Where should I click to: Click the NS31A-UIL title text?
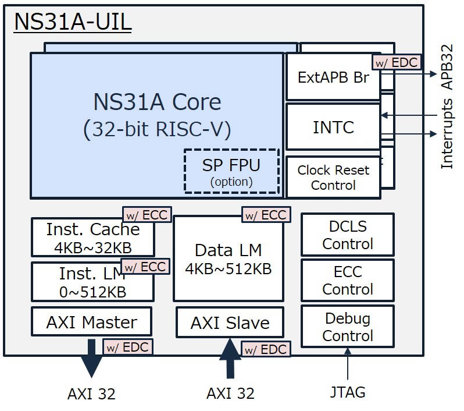click(73, 22)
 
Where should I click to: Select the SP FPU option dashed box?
click(231, 171)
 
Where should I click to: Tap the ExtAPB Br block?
click(333, 77)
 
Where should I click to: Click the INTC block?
click(333, 127)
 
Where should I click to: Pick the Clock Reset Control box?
click(333, 178)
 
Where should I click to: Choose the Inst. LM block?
click(92, 282)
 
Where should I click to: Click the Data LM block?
click(228, 258)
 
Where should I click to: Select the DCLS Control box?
click(347, 235)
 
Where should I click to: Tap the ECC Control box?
click(347, 280)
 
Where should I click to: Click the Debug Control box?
click(347, 327)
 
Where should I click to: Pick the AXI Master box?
click(91, 322)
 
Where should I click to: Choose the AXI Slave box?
click(230, 323)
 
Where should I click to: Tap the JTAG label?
click(347, 392)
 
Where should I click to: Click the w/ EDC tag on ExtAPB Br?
click(395, 62)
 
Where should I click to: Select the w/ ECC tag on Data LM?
click(265, 215)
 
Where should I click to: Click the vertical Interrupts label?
click(447, 133)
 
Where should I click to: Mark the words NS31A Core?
click(157, 102)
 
